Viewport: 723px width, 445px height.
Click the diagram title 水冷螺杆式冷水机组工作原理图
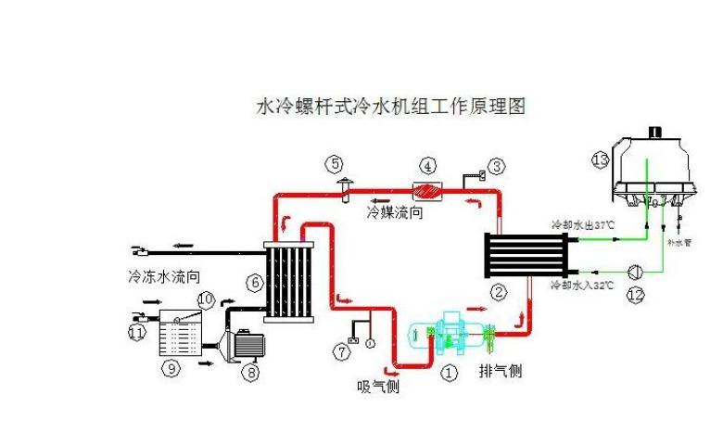(x=390, y=108)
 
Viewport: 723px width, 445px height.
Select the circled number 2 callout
(x=499, y=293)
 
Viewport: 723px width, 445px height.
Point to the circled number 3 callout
(x=497, y=167)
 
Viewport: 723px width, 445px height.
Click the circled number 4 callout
(x=427, y=167)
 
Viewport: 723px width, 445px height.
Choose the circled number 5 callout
(x=334, y=164)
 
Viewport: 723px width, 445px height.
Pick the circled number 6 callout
(x=253, y=281)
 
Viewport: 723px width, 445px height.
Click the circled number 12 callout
(x=635, y=296)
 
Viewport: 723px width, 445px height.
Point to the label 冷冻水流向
(x=164, y=276)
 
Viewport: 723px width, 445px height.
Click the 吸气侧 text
(x=378, y=386)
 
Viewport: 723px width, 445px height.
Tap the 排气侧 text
(x=501, y=371)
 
